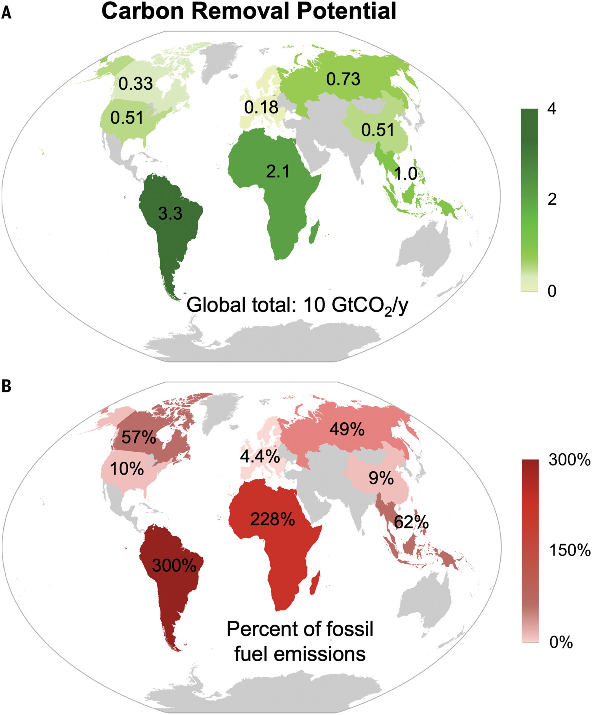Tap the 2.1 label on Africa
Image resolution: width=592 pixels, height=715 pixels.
tap(278, 171)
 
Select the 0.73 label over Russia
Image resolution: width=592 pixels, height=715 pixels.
tap(343, 79)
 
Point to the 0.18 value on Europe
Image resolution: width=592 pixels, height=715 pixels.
tap(261, 107)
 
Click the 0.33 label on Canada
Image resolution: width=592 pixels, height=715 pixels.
tap(135, 84)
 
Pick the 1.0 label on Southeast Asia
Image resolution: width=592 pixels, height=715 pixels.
tap(405, 174)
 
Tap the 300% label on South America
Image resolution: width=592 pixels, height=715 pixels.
tap(174, 566)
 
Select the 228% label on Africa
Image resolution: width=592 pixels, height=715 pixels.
tap(272, 519)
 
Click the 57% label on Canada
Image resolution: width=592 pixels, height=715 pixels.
tap(139, 437)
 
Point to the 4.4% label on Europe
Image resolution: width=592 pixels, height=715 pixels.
tap(260, 456)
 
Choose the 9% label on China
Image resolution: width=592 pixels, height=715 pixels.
tap(381, 479)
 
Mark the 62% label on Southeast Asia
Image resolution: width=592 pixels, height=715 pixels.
tap(411, 522)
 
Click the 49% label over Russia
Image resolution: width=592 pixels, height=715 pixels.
tap(346, 429)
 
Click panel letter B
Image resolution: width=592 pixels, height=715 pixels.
tap(6, 387)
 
